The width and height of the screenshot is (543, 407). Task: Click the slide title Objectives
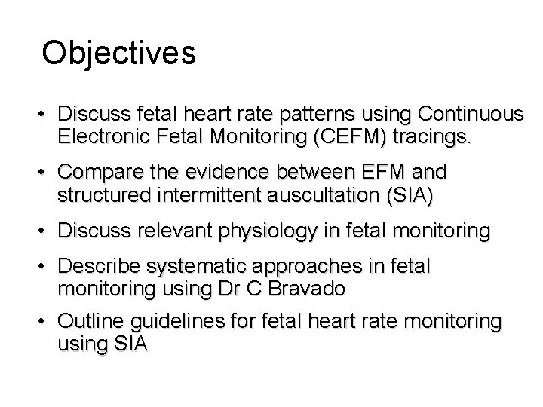[x=119, y=53]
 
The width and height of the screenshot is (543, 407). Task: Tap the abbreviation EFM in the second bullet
[x=382, y=173]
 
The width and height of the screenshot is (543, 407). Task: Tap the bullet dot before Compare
[x=47, y=173]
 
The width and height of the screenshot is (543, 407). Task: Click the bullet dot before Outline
[x=47, y=322]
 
